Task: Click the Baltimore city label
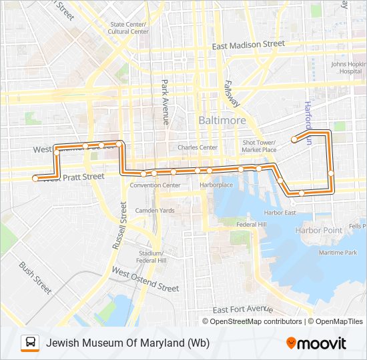tap(222, 120)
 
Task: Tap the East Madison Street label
tap(248, 45)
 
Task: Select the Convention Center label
tap(155, 185)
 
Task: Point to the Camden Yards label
tap(155, 211)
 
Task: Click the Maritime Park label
tap(338, 253)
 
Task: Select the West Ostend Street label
tap(145, 280)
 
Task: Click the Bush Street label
tap(35, 278)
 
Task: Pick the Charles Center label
tap(198, 147)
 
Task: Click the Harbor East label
tap(280, 213)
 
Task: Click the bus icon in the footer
tap(30, 343)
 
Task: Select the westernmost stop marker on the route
tap(35, 179)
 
